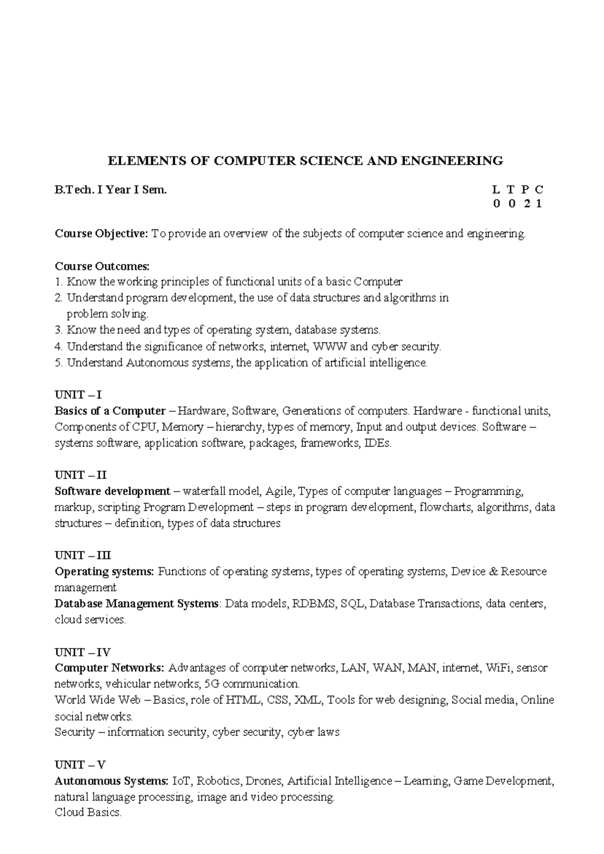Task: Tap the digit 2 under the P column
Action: (525, 204)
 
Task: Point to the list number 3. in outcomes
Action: (58, 330)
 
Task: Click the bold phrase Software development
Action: (112, 491)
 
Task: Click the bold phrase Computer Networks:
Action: (109, 668)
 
